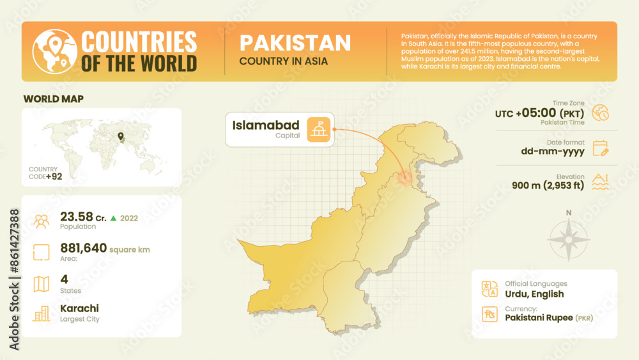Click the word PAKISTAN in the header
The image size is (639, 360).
click(x=295, y=43)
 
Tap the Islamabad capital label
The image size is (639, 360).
click(x=266, y=125)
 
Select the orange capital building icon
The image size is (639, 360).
click(x=319, y=129)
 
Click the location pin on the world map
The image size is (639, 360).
click(x=119, y=136)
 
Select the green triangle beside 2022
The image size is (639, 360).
click(x=113, y=218)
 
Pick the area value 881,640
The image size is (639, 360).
click(x=83, y=248)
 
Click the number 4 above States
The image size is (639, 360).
click(x=64, y=279)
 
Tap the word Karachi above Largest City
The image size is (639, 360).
click(x=79, y=308)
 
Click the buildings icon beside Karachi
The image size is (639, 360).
click(x=42, y=313)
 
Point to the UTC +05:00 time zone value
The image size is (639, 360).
click(x=540, y=113)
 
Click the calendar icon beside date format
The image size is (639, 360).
click(x=600, y=148)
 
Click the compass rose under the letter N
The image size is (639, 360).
click(x=569, y=240)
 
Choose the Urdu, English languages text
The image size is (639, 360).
click(x=534, y=294)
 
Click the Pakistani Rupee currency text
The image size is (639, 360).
click(x=539, y=317)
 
